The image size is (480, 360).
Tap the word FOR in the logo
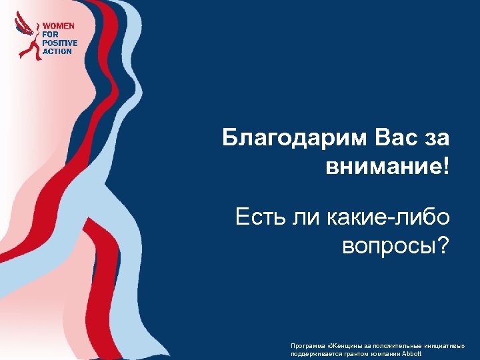(51, 34)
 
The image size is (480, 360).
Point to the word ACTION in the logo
(57, 51)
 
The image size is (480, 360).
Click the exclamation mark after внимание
(445, 167)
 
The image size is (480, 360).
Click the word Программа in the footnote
(307, 346)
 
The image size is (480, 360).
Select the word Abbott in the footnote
(412, 353)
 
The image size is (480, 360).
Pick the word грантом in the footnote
(354, 353)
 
